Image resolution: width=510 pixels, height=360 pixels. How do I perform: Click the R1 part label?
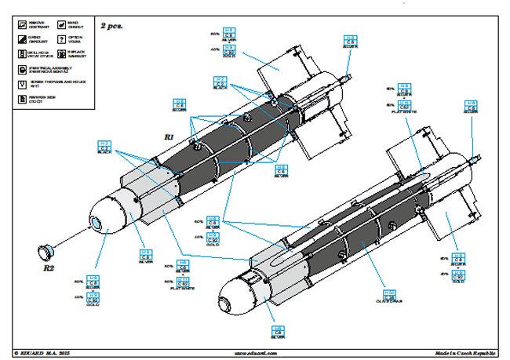click(x=169, y=136)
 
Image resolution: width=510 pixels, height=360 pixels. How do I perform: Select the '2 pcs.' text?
click(x=111, y=26)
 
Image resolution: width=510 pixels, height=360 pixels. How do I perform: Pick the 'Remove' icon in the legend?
click(x=20, y=24)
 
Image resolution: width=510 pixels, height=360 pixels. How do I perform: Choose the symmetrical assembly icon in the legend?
click(x=20, y=69)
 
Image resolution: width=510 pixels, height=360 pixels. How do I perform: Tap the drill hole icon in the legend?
click(x=20, y=53)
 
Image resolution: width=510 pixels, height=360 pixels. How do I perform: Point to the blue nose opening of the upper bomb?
click(x=97, y=224)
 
